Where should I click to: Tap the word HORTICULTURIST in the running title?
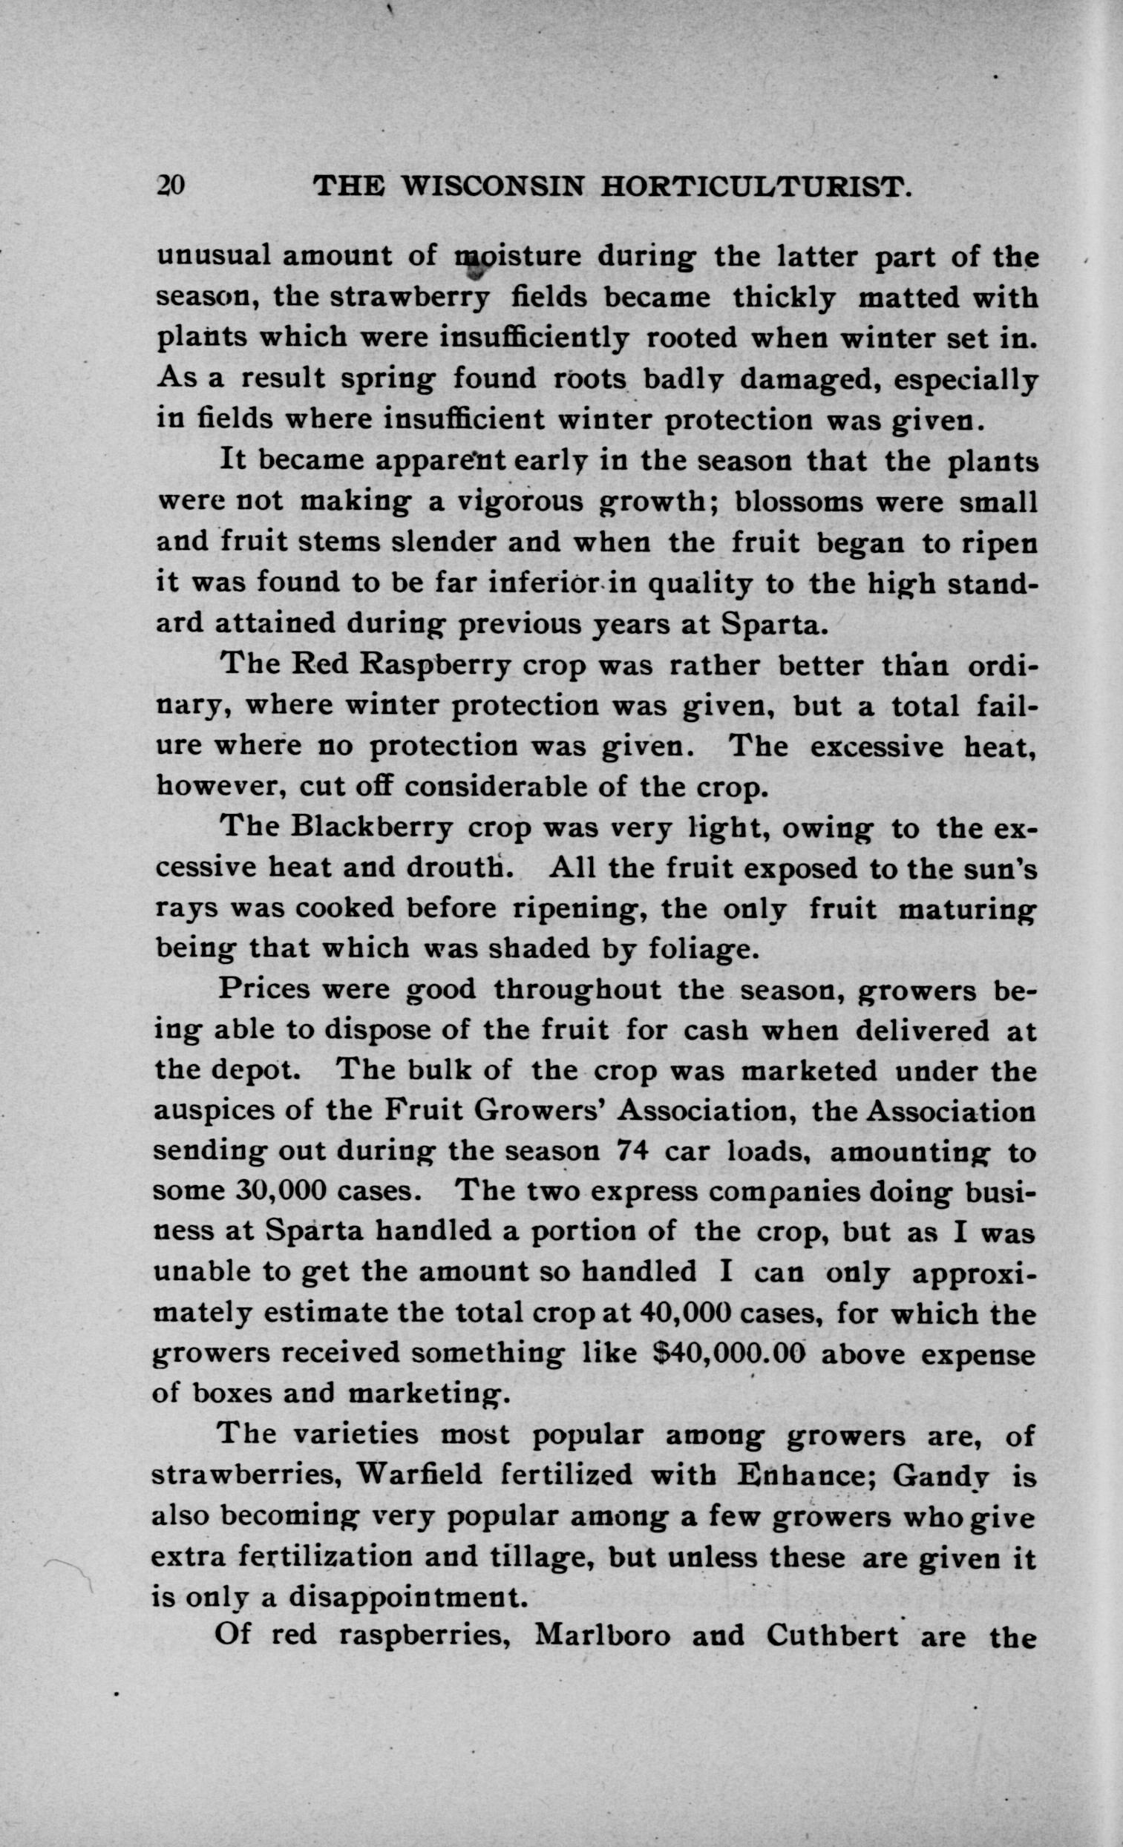tap(756, 186)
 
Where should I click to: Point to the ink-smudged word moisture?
tap(518, 255)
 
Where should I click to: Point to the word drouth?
tap(459, 867)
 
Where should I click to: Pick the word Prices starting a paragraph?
tap(265, 988)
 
